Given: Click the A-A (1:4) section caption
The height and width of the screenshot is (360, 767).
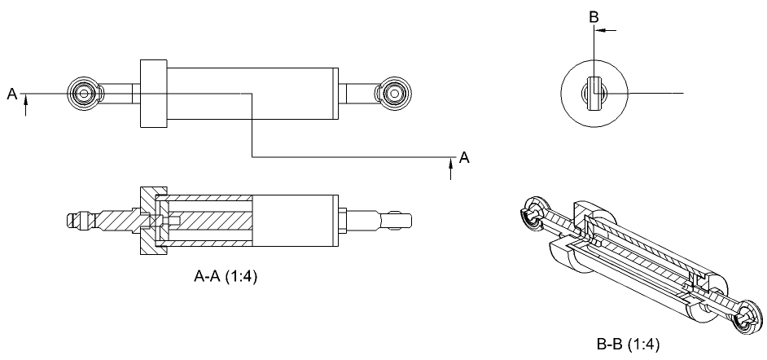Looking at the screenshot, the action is click(225, 276).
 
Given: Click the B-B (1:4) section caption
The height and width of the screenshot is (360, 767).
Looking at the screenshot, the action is click(628, 345).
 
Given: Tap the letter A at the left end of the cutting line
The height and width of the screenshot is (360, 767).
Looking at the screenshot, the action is click(12, 94).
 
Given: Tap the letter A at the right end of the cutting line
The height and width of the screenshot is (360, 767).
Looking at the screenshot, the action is click(464, 157).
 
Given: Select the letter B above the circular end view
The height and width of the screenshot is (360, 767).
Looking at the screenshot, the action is click(594, 17).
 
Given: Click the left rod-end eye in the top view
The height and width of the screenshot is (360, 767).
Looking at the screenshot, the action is click(84, 94).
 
